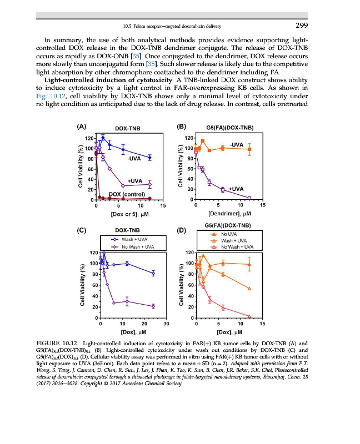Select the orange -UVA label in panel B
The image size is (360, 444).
click(x=237, y=144)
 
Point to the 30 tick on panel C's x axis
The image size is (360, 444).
click(x=166, y=324)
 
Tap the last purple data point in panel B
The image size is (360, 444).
click(x=249, y=198)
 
